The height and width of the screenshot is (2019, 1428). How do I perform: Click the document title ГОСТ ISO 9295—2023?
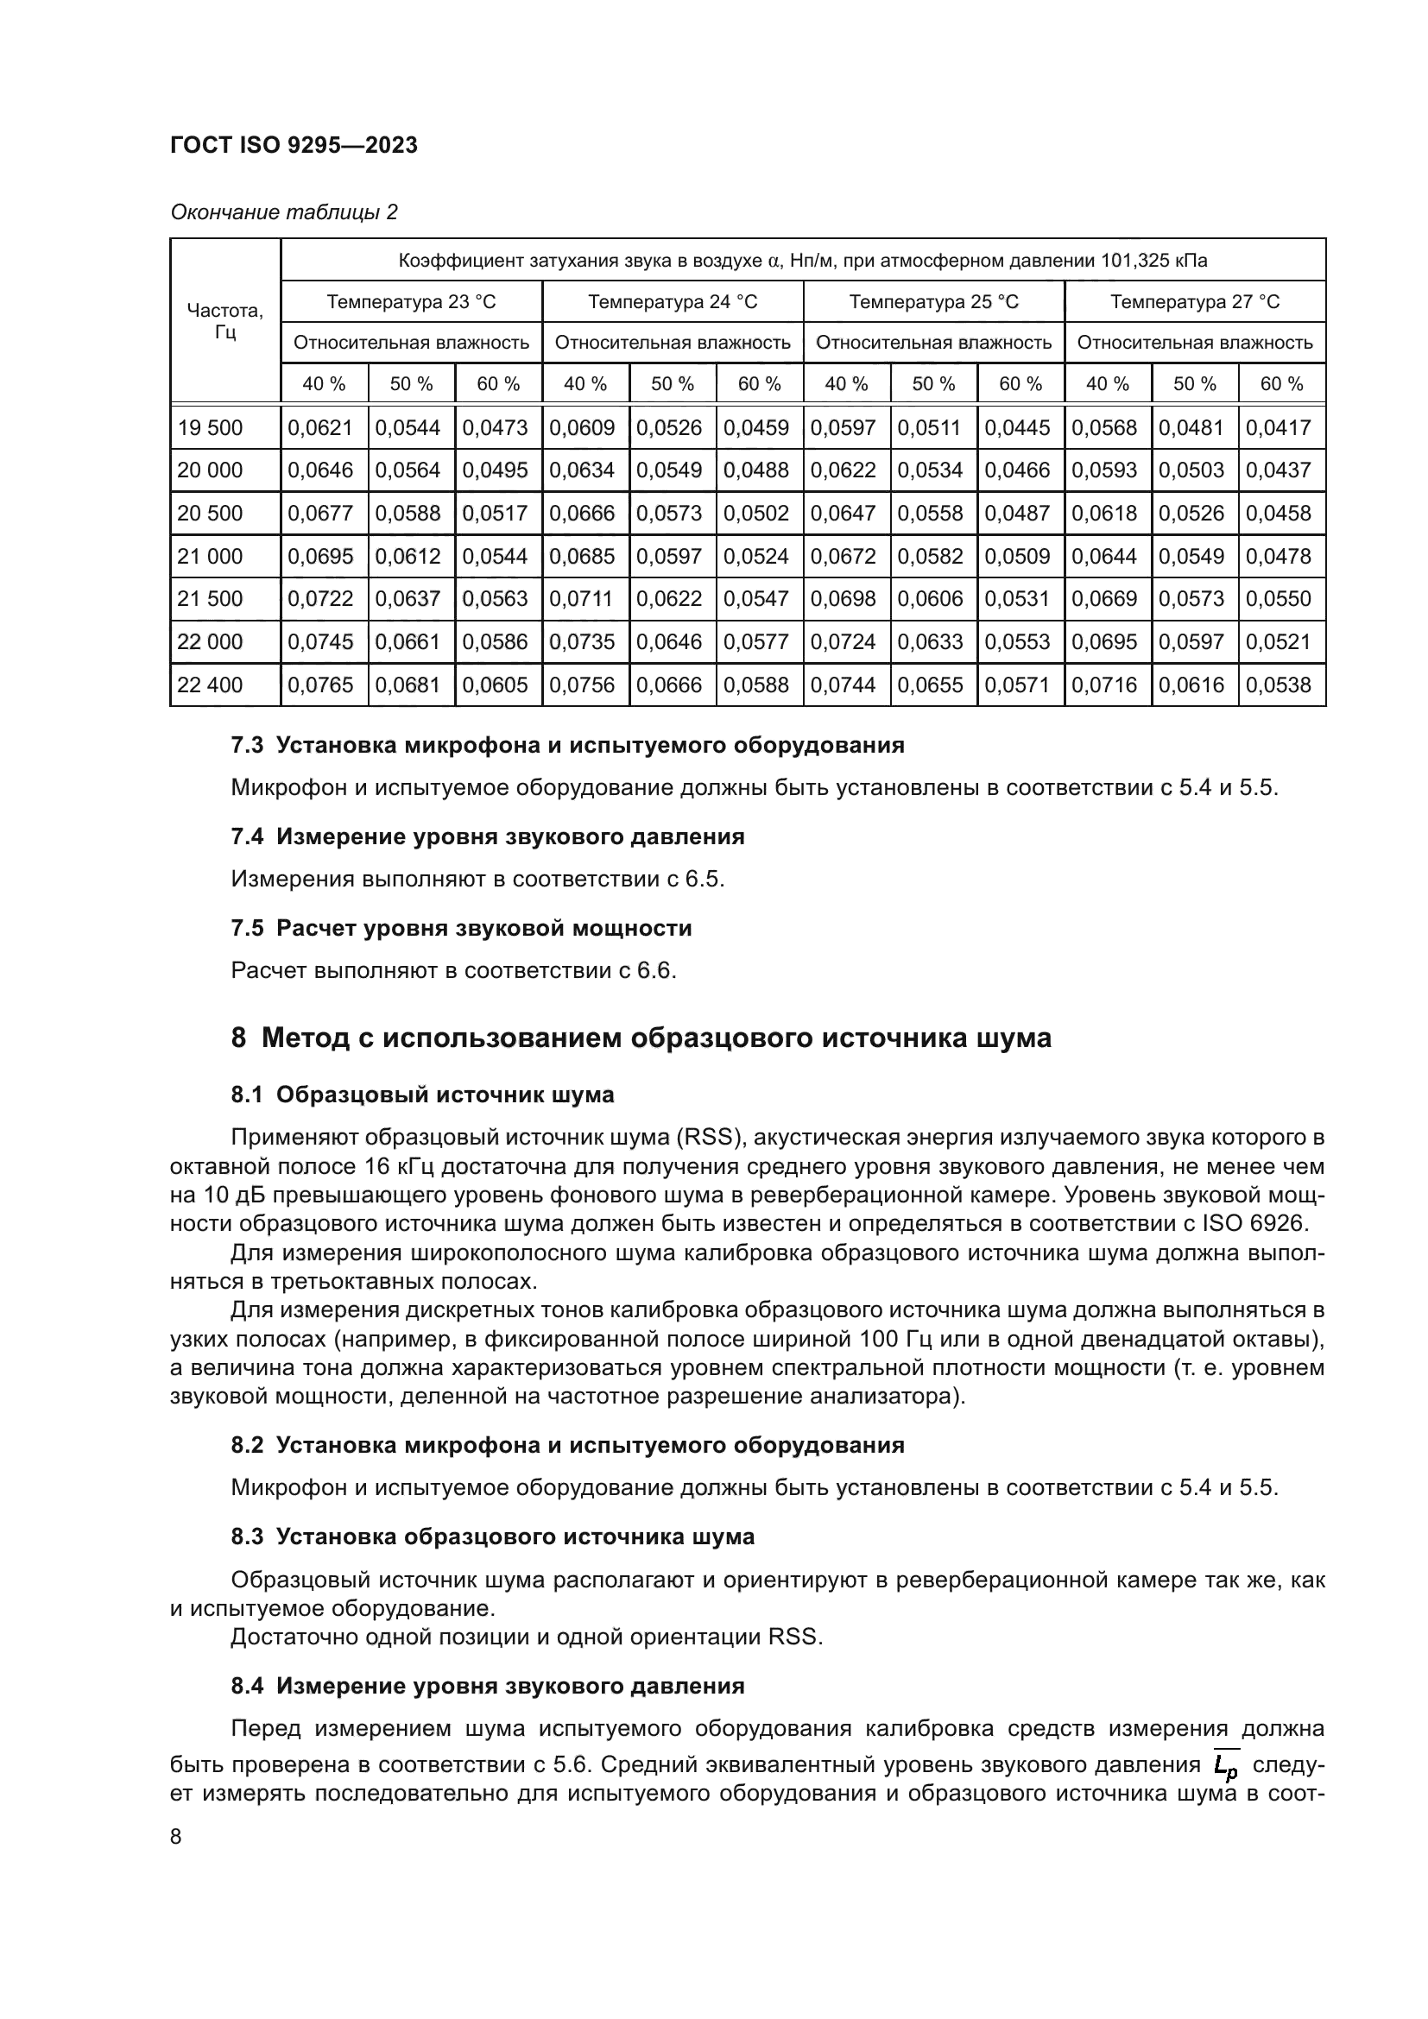pos(294,145)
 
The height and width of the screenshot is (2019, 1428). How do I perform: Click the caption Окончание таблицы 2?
pos(283,212)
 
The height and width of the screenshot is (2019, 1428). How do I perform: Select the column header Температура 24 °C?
pos(673,301)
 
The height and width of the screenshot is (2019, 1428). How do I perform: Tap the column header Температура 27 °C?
pos(1194,301)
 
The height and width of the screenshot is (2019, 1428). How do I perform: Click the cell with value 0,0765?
pos(321,685)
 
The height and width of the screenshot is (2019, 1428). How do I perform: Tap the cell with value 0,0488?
pos(756,470)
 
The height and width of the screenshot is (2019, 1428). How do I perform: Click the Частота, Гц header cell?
pos(225,321)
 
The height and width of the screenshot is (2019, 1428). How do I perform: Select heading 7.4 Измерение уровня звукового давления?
pos(487,836)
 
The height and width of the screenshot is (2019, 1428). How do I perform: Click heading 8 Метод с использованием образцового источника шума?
pos(641,1038)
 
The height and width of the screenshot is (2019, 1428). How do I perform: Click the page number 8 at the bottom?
pos(176,1837)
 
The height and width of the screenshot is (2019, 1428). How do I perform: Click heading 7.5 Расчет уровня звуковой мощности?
pos(461,928)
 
